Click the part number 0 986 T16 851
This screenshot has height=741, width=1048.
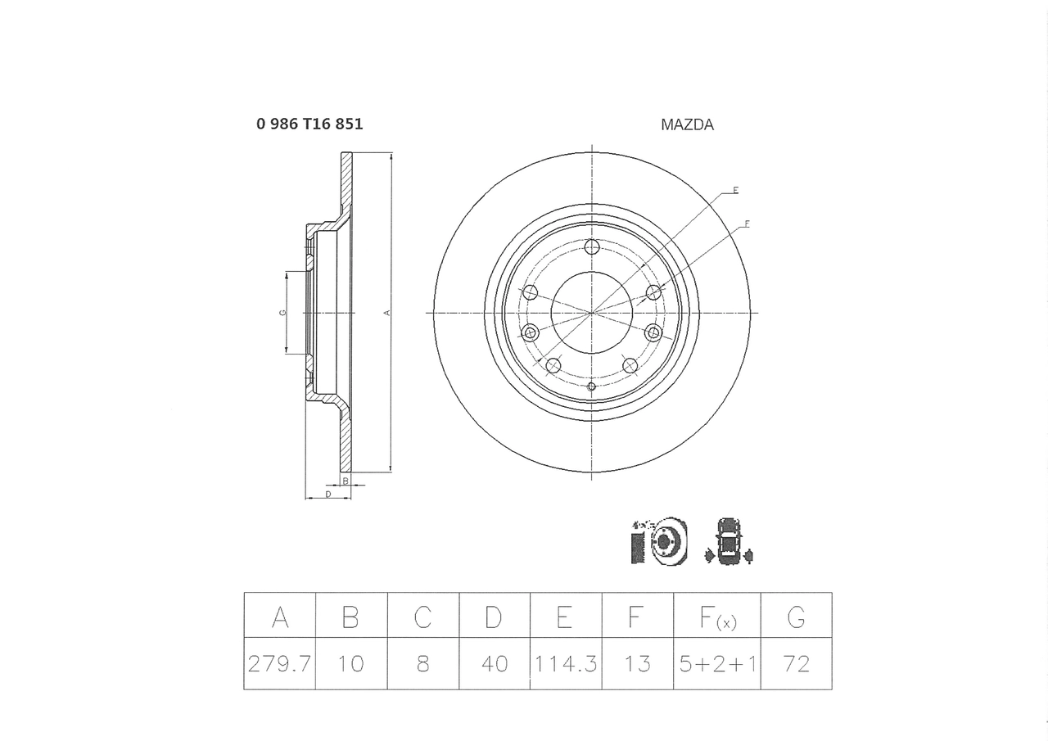tap(309, 124)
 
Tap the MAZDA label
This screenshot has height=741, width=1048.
tap(687, 125)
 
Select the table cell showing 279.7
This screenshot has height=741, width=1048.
tap(279, 663)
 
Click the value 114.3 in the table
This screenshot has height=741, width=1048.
tap(566, 663)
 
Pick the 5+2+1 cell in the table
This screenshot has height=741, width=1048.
tap(717, 663)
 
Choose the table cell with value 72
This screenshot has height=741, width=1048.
tap(797, 663)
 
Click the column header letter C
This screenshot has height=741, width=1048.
tap(422, 617)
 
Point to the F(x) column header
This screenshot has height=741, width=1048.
tap(718, 617)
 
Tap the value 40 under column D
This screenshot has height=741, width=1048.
tap(495, 663)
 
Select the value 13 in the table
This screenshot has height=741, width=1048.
tap(638, 663)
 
